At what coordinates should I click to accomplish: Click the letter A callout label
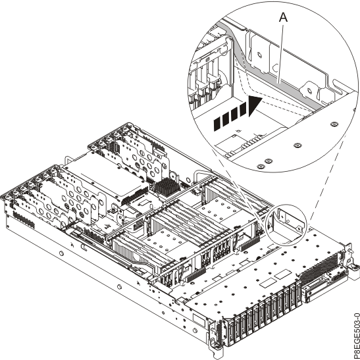(x=285, y=20)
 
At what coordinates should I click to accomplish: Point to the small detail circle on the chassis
(x=288, y=223)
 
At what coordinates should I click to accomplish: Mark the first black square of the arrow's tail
(x=217, y=122)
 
